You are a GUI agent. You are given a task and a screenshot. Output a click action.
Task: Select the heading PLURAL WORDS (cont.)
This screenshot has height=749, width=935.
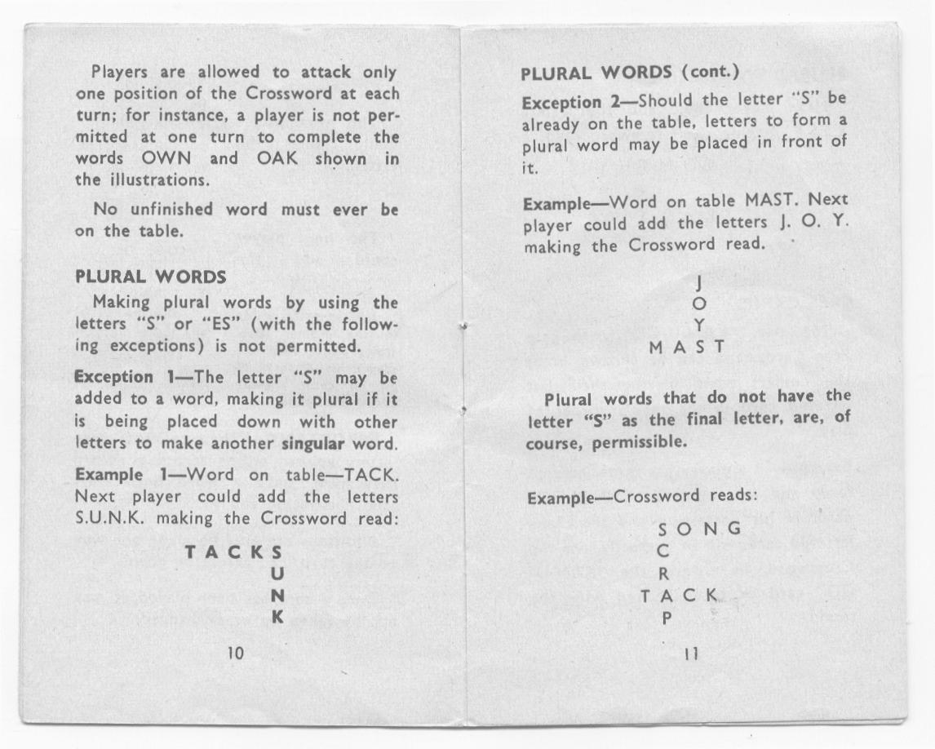tap(629, 73)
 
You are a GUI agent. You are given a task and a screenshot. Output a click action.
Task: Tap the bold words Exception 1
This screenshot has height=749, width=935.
tap(113, 378)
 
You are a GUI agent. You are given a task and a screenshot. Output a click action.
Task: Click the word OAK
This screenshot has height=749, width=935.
tap(280, 157)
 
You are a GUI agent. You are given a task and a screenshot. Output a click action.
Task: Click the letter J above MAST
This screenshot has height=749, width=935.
tap(698, 283)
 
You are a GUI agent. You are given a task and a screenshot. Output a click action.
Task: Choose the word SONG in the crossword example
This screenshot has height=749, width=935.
tap(700, 528)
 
